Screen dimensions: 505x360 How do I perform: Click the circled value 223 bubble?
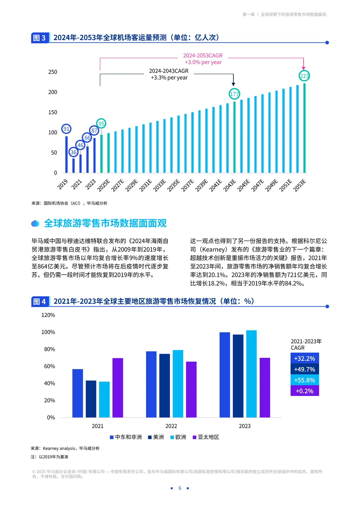[x=304, y=76]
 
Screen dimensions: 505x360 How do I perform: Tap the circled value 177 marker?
[x=234, y=94]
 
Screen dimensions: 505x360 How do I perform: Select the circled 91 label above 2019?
[x=66, y=129]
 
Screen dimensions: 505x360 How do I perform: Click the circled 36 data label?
[x=73, y=152]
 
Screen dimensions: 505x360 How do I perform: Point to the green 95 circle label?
[x=101, y=124]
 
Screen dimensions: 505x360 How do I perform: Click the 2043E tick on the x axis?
[x=230, y=185]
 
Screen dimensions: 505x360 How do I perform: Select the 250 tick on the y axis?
[x=53, y=72]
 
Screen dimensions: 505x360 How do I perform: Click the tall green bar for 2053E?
[x=304, y=128]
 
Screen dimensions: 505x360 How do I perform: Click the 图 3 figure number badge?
[x=40, y=38]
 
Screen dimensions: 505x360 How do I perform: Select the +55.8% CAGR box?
[x=305, y=380]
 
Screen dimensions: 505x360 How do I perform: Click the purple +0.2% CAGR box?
[x=305, y=391]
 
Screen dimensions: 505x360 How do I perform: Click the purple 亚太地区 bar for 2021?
[x=118, y=388]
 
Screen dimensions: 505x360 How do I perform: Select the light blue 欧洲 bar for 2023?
[x=251, y=374]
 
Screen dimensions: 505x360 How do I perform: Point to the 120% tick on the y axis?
[x=48, y=315]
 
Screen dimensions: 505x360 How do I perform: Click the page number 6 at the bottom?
[x=180, y=488]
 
